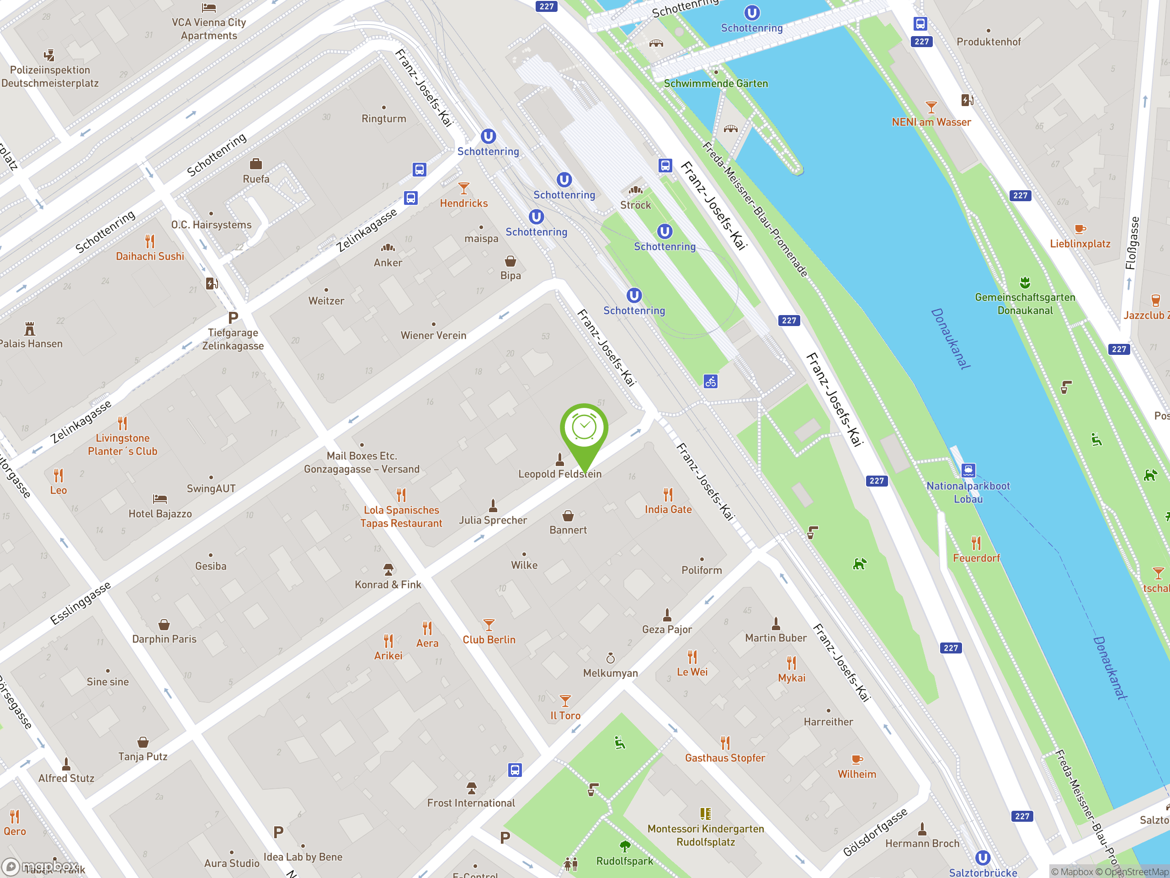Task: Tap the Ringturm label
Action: (383, 118)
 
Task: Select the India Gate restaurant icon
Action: (668, 495)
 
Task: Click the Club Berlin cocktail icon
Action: (489, 625)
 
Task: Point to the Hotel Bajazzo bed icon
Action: (160, 498)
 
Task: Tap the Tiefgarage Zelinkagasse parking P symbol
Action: (233, 317)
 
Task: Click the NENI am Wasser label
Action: (931, 122)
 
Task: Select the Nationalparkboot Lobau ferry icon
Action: (968, 470)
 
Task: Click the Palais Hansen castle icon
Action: (30, 329)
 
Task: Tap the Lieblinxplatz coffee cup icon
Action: (1080, 229)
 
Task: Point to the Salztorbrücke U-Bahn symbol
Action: (982, 857)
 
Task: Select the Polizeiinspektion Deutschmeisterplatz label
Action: (50, 77)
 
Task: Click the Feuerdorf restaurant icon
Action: (976, 543)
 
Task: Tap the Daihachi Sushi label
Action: (150, 256)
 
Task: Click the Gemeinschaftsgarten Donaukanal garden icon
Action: (1025, 282)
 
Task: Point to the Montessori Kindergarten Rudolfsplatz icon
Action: (705, 814)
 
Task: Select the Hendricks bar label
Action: (463, 203)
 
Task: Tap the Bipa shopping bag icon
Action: (510, 261)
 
